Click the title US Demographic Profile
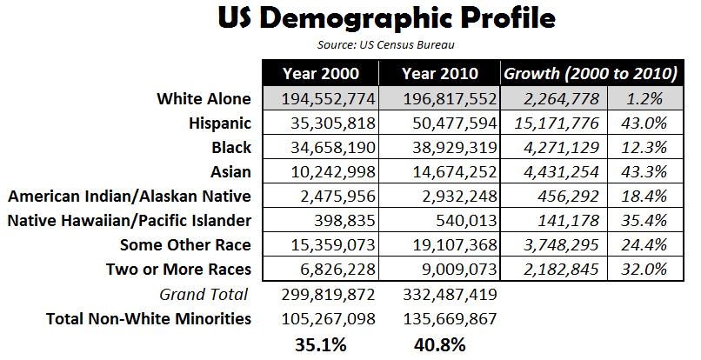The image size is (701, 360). pyautogui.click(x=350, y=19)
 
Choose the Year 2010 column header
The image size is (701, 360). pyautogui.click(x=437, y=74)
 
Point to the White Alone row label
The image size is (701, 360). pyautogui.click(x=204, y=99)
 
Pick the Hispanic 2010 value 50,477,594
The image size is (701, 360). pyautogui.click(x=437, y=123)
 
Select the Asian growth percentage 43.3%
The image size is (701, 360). pyautogui.click(x=644, y=172)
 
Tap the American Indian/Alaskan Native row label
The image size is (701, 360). pyautogui.click(x=129, y=197)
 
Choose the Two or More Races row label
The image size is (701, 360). pyautogui.click(x=178, y=270)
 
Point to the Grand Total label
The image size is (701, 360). pyautogui.click(x=204, y=295)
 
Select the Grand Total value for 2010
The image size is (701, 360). pyautogui.click(x=437, y=295)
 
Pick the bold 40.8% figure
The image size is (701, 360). pyautogui.click(x=437, y=344)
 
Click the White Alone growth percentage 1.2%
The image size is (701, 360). pyautogui.click(x=644, y=99)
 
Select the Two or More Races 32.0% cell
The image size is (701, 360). pyautogui.click(x=644, y=270)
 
